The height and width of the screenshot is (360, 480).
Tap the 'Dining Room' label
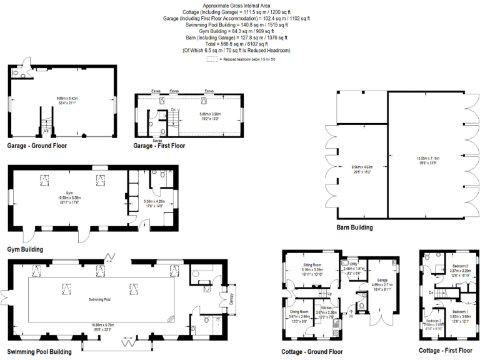click(299, 311)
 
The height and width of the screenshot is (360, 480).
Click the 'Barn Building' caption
click(354, 228)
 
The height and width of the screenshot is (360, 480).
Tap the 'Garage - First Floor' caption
click(159, 146)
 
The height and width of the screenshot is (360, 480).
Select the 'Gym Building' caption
click(25, 249)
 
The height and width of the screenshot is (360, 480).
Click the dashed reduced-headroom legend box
click(212, 59)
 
